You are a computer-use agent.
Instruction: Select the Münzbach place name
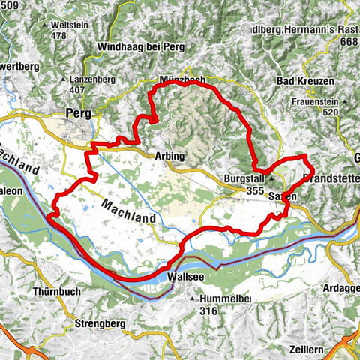182,80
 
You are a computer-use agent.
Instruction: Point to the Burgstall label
244,180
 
